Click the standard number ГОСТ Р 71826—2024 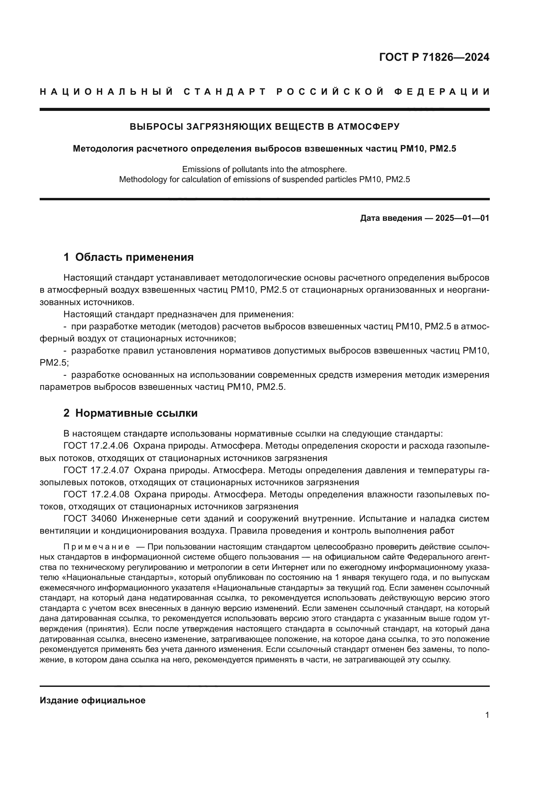(x=434, y=57)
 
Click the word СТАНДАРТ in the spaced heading (x=225, y=92)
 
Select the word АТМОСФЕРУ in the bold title (x=368, y=127)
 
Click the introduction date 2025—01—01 (x=462, y=218)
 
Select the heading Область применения (x=134, y=257)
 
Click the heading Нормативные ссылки (x=136, y=413)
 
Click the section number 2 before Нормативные (x=67, y=413)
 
